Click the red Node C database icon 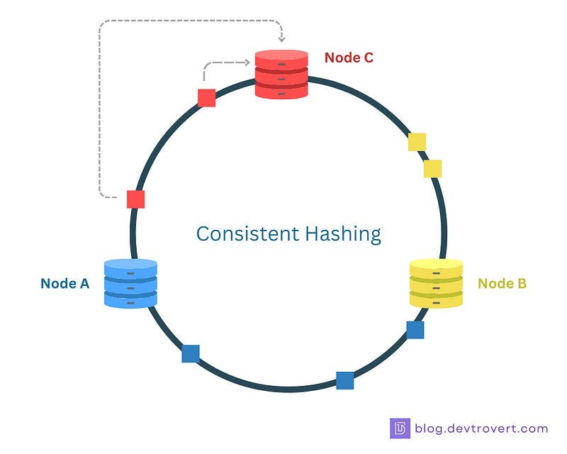[282, 74]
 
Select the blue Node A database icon [130, 283]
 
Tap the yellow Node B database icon [436, 283]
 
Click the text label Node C [349, 57]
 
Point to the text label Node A [65, 283]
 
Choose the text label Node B [502, 283]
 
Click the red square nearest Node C [206, 98]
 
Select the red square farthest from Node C [135, 199]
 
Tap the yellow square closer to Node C [417, 142]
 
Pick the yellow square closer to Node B [432, 169]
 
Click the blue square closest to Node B [415, 330]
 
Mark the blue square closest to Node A [191, 353]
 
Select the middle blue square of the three [345, 380]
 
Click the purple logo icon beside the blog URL [400, 428]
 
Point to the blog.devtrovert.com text [482, 428]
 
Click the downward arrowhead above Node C [281, 39]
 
